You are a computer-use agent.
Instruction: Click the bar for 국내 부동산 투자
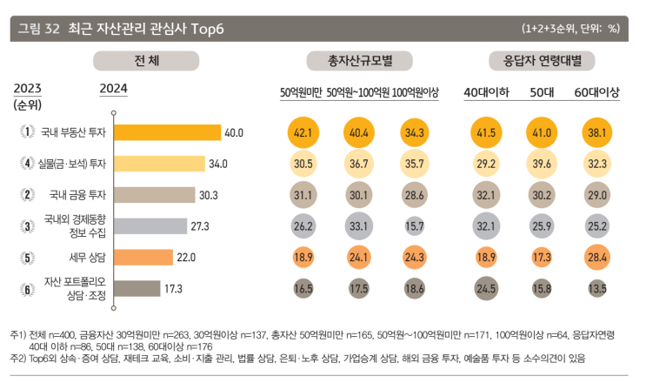pyautogui.click(x=168, y=132)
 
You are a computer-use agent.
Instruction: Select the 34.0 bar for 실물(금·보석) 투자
pyautogui.click(x=159, y=163)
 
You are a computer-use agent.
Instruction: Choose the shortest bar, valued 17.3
pyautogui.click(x=137, y=287)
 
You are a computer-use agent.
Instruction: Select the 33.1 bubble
pyautogui.click(x=358, y=225)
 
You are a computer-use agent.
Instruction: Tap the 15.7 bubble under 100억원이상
pyautogui.click(x=414, y=225)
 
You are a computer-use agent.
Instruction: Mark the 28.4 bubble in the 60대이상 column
pyautogui.click(x=596, y=257)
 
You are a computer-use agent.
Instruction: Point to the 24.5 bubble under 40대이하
pyautogui.click(x=486, y=287)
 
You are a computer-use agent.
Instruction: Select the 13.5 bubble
pyautogui.click(x=596, y=287)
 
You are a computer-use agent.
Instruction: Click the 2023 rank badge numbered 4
pyautogui.click(x=28, y=163)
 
